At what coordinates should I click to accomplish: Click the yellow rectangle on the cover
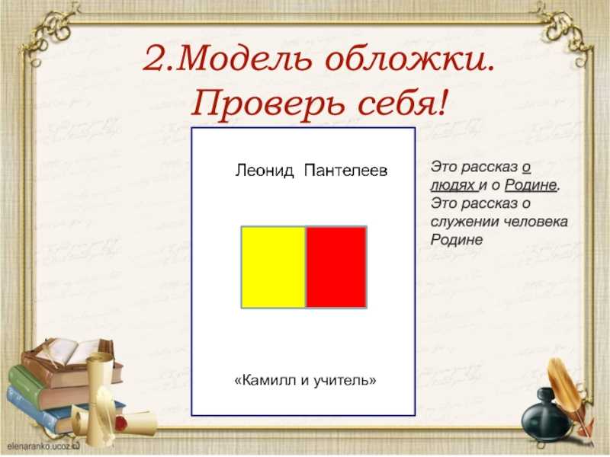tap(274, 267)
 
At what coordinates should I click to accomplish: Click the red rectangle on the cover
tap(336, 267)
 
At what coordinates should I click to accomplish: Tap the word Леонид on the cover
tap(265, 171)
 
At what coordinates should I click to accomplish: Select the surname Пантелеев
tap(346, 171)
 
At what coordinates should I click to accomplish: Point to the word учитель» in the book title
tap(345, 379)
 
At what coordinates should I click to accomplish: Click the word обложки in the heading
tap(409, 59)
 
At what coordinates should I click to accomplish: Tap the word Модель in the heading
tap(246, 59)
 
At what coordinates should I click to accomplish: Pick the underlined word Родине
tap(531, 185)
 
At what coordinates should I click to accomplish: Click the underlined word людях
tap(454, 186)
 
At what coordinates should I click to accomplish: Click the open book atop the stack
tap(74, 352)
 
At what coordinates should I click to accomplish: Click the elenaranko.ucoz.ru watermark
tap(43, 446)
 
